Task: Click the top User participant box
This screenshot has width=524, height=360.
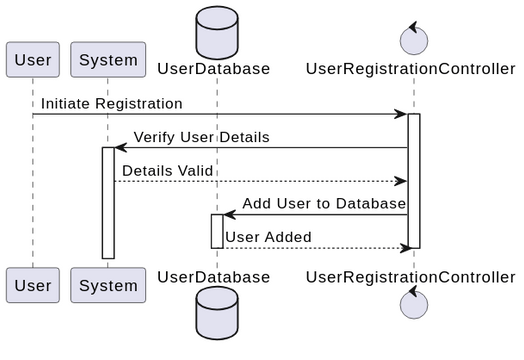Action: (x=32, y=59)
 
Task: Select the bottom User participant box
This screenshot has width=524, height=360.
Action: (x=32, y=285)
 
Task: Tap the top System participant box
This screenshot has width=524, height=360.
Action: (x=108, y=59)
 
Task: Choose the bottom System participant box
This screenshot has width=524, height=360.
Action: (x=108, y=285)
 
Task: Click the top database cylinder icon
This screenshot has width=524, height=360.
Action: (x=217, y=31)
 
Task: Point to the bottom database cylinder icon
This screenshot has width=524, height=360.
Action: (x=217, y=314)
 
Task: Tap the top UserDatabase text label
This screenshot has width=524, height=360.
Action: (x=214, y=69)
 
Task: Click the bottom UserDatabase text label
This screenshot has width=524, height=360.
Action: (x=214, y=276)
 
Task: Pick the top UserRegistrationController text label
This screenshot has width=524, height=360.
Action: (x=411, y=69)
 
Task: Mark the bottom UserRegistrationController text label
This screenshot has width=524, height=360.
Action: (x=411, y=276)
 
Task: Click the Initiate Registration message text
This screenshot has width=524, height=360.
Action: (x=111, y=104)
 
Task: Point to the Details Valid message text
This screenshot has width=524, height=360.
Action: (x=167, y=171)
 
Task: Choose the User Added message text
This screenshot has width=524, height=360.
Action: (x=267, y=237)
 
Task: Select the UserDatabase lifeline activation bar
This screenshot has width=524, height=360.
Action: (x=217, y=231)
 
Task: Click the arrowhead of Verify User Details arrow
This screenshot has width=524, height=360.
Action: (x=120, y=148)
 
